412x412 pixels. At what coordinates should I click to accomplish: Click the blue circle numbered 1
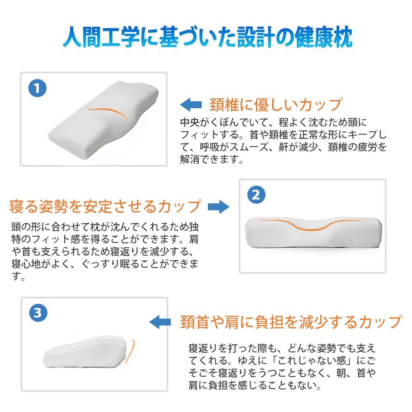pyautogui.click(x=37, y=88)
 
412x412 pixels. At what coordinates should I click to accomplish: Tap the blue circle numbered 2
pyautogui.click(x=256, y=195)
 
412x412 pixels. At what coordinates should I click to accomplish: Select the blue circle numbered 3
pyautogui.click(x=38, y=313)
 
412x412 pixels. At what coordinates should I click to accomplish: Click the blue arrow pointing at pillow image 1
pyautogui.click(x=191, y=105)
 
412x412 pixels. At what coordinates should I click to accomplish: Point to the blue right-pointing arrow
pyautogui.click(x=219, y=207)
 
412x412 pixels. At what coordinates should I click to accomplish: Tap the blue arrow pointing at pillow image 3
pyautogui.click(x=160, y=322)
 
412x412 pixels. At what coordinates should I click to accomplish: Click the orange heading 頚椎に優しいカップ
pyautogui.click(x=276, y=105)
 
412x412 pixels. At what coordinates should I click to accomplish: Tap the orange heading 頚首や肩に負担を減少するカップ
pyautogui.click(x=291, y=322)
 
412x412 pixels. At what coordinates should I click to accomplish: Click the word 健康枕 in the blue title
pyautogui.click(x=324, y=37)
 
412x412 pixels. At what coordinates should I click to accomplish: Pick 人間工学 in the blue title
pyautogui.click(x=101, y=37)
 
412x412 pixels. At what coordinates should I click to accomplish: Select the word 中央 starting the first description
pyautogui.click(x=190, y=122)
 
